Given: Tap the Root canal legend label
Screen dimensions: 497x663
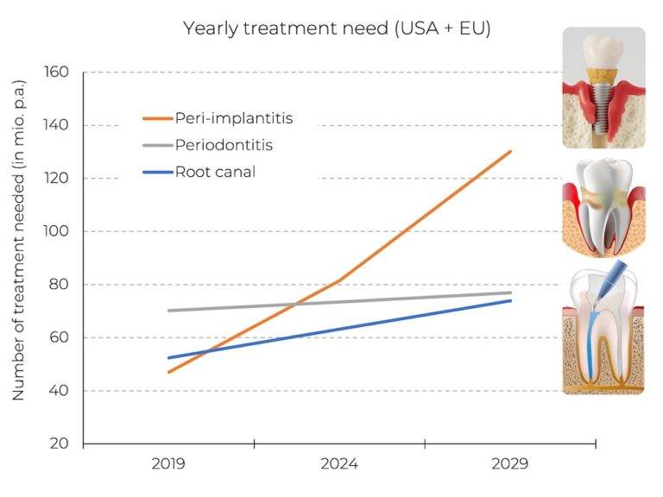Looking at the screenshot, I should coord(215,172).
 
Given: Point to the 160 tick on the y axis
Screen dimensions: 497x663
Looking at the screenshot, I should coord(56,72).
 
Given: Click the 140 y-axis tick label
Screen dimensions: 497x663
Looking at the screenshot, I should coord(56,126).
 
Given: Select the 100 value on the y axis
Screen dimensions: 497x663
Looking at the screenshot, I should coord(56,232).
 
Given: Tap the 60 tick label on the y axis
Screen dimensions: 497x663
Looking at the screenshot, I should coord(58,338).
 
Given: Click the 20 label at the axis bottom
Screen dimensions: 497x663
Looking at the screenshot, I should coord(58,444).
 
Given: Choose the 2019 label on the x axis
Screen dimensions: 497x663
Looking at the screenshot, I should coord(168,464).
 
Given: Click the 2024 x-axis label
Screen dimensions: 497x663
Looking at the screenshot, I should coord(339,464).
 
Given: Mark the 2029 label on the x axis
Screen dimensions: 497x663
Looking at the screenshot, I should coord(510,464).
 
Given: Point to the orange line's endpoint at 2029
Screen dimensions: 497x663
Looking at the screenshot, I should coord(511,151).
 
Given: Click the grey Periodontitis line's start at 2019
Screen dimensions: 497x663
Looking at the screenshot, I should coord(168,311).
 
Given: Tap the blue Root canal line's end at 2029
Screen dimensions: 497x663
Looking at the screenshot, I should coord(511,300).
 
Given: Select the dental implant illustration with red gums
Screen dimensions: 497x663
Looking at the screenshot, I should coord(603,87).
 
